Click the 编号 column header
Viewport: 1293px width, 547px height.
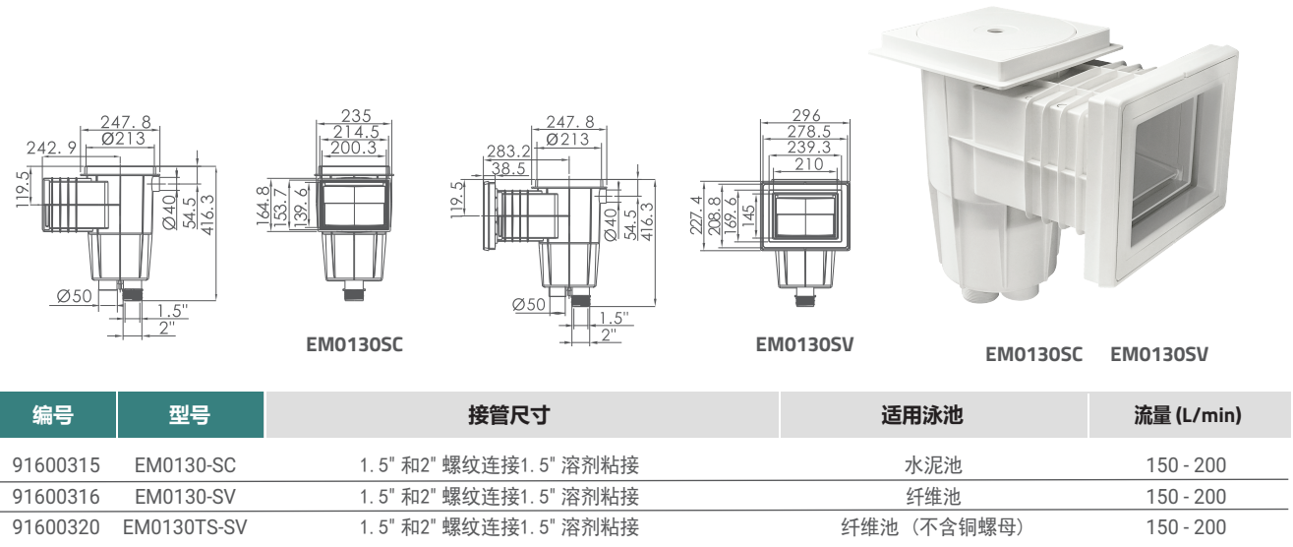point(58,415)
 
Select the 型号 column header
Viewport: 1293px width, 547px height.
point(191,415)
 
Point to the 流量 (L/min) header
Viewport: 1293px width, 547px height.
point(1188,415)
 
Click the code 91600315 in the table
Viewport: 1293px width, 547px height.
point(54,465)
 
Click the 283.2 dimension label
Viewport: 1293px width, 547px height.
point(506,152)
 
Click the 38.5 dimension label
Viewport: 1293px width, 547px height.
point(508,168)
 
